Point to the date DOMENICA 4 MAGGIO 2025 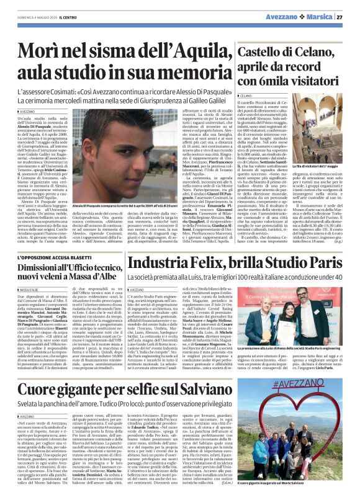26,17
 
